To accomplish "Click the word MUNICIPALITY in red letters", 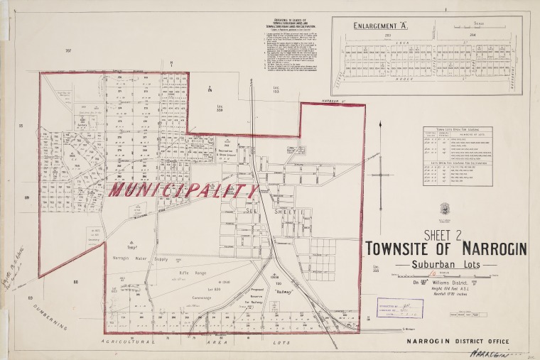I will [183, 191].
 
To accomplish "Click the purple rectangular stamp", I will [399, 307].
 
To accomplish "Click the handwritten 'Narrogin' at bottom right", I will [491, 352].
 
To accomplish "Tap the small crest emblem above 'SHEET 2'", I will [445, 208].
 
